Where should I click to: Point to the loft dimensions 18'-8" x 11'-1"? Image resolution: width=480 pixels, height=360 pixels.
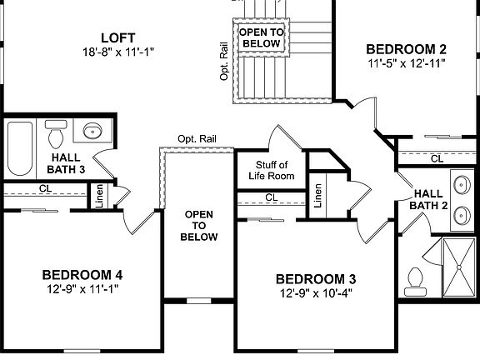point(118,52)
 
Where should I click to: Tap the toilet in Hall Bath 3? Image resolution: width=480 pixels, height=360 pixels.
point(57,133)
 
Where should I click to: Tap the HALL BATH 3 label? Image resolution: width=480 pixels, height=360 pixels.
point(67,163)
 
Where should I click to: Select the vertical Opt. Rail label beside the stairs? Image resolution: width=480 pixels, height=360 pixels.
point(224,61)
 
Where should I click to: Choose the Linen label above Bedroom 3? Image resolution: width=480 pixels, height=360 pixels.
point(318,196)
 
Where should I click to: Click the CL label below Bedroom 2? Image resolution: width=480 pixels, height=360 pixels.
point(437,158)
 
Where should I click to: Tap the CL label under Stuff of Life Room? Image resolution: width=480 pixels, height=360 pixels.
point(271,197)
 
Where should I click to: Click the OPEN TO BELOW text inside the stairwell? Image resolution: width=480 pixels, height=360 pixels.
point(260,37)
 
